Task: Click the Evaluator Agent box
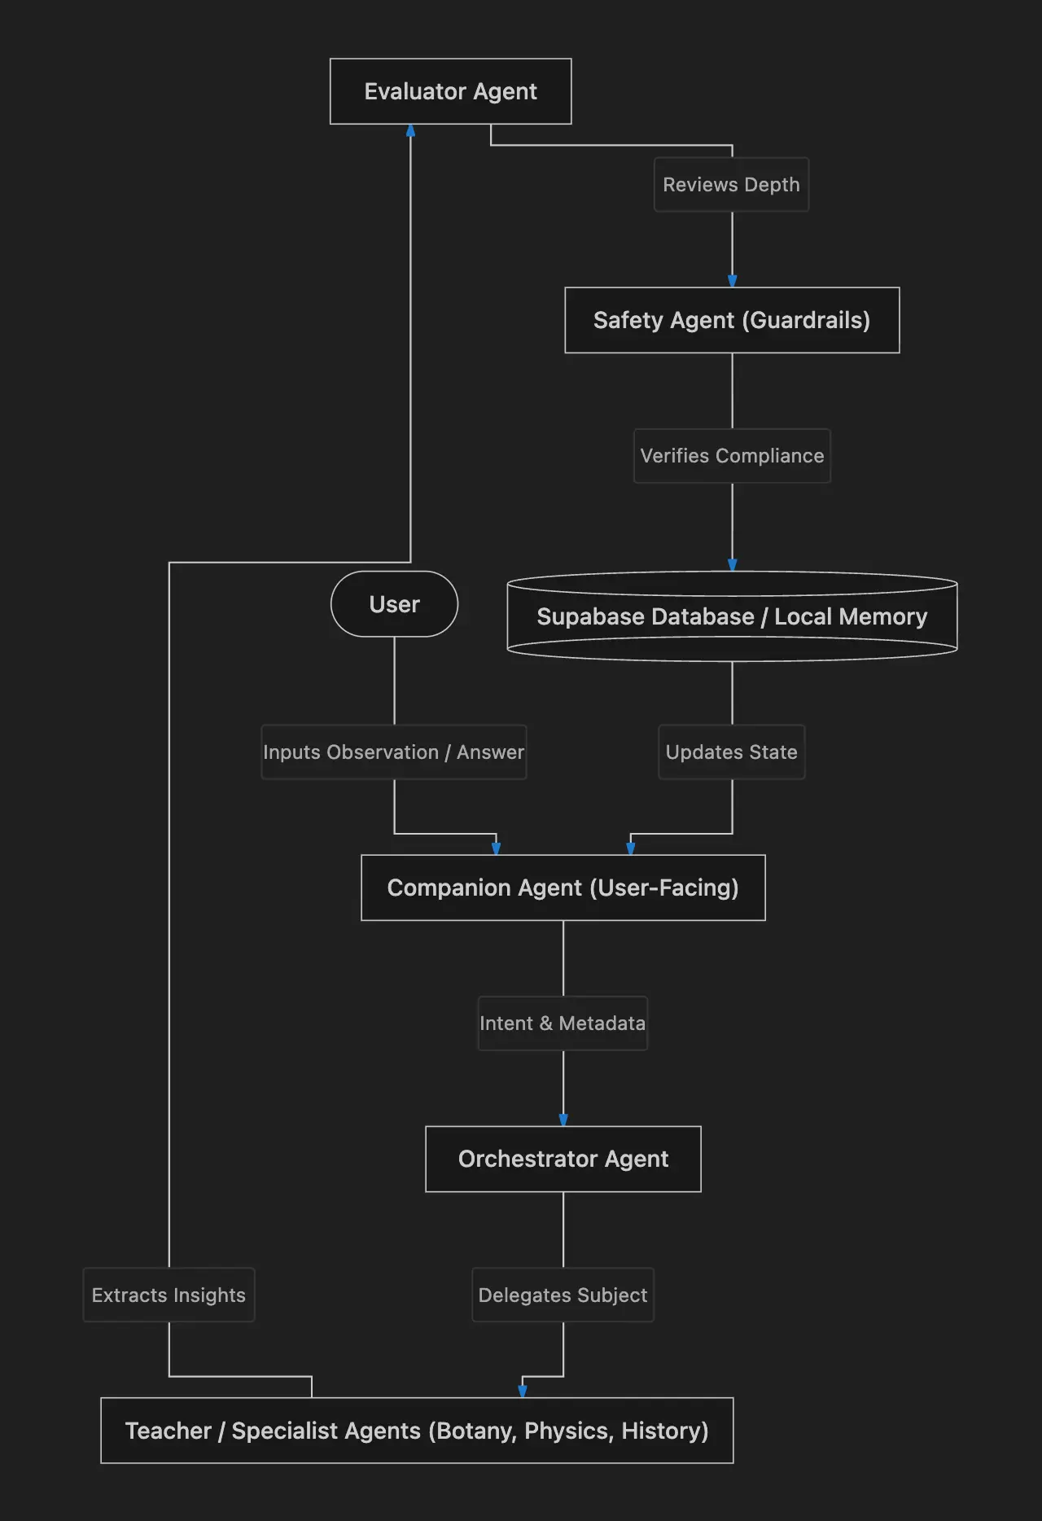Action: tap(450, 91)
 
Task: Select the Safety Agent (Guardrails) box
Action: tap(732, 320)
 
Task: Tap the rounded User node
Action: tap(394, 604)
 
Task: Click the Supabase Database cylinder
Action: tap(732, 616)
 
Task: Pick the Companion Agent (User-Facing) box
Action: tap(563, 888)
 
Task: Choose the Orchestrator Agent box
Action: tap(563, 1159)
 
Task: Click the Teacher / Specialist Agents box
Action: tap(417, 1431)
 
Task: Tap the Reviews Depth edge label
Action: tap(731, 185)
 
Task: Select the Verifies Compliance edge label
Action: tap(732, 456)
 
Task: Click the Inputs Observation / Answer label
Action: tap(394, 752)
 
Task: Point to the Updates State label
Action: tap(732, 752)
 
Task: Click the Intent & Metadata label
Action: tap(563, 1023)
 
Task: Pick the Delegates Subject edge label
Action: tap(563, 1295)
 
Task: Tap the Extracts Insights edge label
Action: tap(169, 1295)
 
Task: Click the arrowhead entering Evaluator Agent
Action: tap(410, 130)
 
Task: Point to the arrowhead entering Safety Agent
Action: tap(732, 281)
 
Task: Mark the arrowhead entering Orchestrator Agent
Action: tap(563, 1120)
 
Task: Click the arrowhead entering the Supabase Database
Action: tap(732, 564)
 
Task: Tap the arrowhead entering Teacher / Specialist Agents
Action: tap(523, 1391)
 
